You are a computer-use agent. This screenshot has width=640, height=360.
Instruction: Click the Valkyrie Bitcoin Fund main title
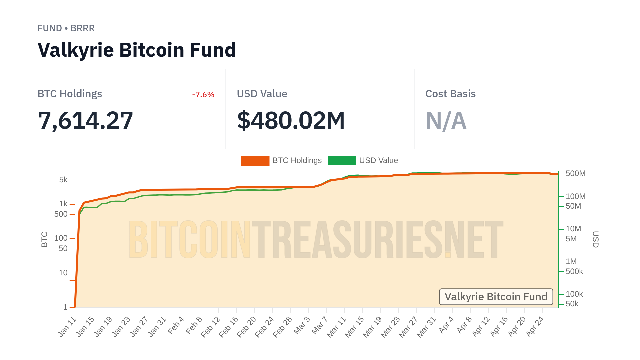(x=137, y=50)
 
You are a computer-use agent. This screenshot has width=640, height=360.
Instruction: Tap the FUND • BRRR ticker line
(x=66, y=28)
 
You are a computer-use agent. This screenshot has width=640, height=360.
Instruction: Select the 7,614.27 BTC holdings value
(x=85, y=120)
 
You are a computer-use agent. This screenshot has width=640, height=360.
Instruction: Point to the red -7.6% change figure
(x=203, y=95)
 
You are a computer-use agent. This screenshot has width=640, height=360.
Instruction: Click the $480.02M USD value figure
(x=291, y=120)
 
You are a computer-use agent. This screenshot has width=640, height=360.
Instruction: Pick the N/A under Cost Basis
(x=446, y=120)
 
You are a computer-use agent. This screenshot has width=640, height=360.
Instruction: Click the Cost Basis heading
(x=450, y=94)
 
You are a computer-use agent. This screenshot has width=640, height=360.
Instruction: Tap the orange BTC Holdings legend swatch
(x=255, y=160)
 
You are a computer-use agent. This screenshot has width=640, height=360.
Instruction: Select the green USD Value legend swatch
(x=342, y=160)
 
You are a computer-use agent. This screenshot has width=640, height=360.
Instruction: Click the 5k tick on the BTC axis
(x=63, y=180)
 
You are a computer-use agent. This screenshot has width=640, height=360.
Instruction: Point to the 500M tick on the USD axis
(x=575, y=174)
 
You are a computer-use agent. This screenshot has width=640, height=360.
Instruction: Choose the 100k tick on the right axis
(x=574, y=294)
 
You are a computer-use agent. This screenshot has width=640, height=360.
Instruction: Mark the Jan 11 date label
(x=67, y=327)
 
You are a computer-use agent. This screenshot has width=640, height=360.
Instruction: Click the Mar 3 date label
(x=302, y=325)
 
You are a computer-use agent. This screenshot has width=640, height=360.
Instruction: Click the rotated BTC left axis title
(x=44, y=239)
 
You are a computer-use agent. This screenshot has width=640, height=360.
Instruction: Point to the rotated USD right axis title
(x=595, y=239)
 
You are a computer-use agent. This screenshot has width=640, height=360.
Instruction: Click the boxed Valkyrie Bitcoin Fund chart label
(x=496, y=297)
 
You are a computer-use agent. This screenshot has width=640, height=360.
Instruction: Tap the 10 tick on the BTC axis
(x=63, y=273)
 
